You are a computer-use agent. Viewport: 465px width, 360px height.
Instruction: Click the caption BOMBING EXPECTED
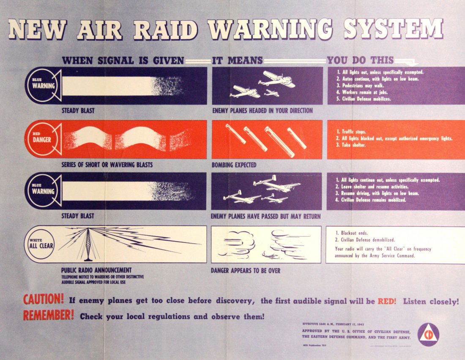pyautogui.click(x=234, y=165)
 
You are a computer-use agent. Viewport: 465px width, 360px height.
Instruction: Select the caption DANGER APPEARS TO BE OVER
pyautogui.click(x=245, y=270)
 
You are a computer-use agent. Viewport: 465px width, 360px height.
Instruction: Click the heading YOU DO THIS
pyautogui.click(x=360, y=60)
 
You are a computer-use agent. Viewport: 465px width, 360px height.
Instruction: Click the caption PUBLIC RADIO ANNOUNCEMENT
pyautogui.click(x=96, y=270)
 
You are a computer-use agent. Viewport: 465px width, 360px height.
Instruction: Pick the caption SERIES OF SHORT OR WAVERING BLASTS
pyautogui.click(x=107, y=165)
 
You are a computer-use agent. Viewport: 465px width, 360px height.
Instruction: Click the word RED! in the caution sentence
pyautogui.click(x=387, y=301)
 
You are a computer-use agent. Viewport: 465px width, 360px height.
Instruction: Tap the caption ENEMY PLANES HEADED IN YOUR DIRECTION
pyautogui.click(x=262, y=111)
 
